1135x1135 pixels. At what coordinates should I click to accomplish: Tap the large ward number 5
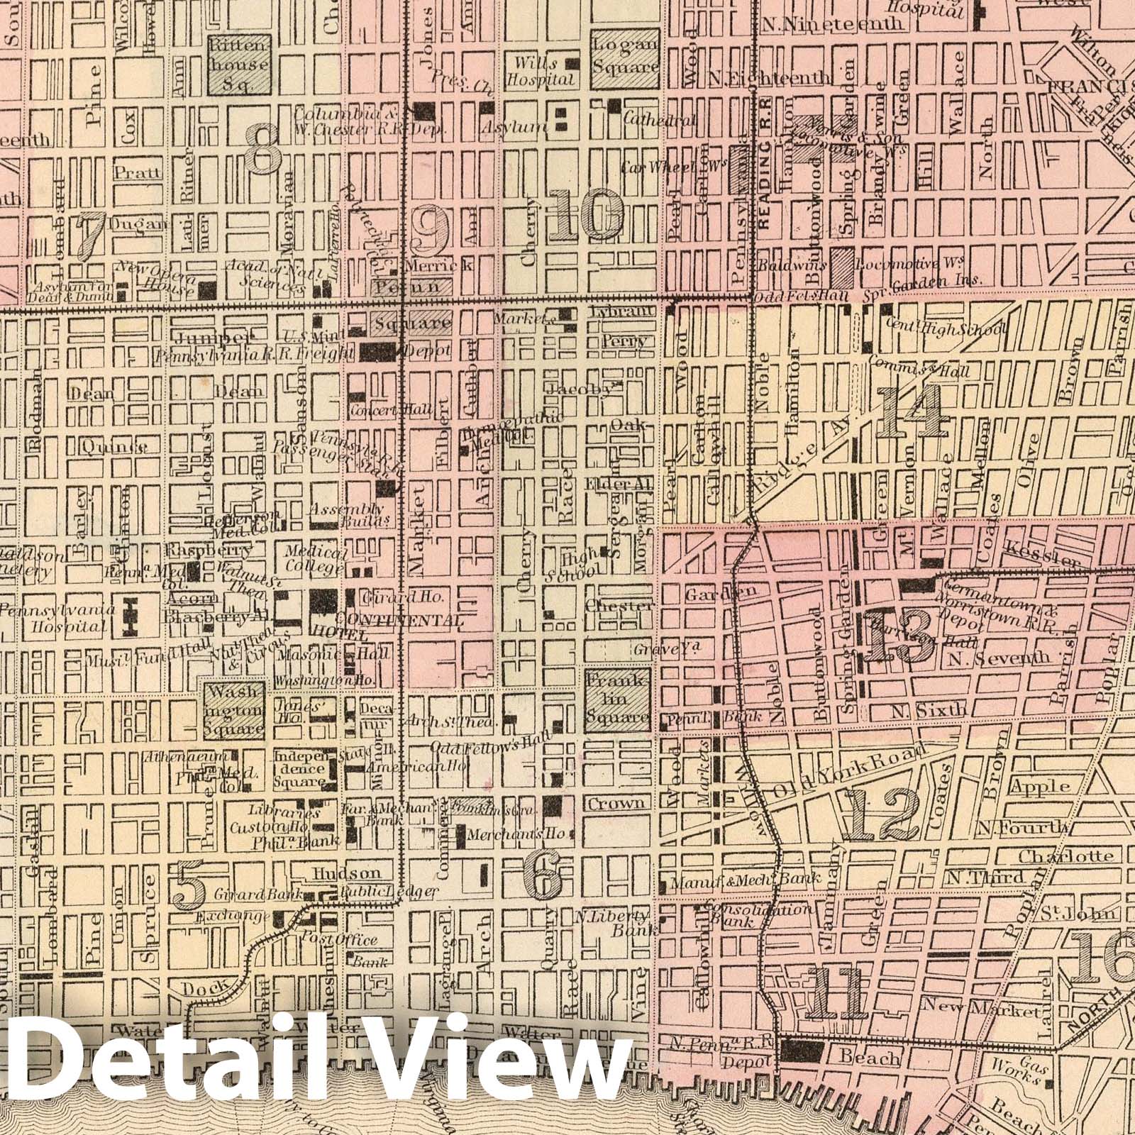click(x=189, y=884)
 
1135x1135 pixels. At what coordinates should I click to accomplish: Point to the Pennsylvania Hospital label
click(x=57, y=618)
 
